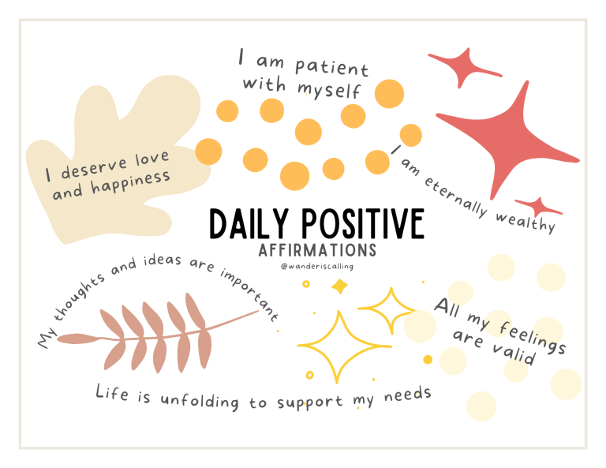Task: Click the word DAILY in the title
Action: tap(249, 224)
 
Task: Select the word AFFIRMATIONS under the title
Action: tap(317, 250)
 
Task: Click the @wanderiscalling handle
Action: tap(317, 266)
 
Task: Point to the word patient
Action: tap(331, 67)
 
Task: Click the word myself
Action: tap(328, 90)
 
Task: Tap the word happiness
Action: tap(131, 182)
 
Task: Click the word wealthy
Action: tap(526, 222)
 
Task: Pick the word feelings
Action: tap(533, 337)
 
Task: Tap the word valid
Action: tap(514, 354)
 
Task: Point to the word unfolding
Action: tap(200, 400)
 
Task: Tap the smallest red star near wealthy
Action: tap(538, 207)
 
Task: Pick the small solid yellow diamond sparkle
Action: tap(340, 286)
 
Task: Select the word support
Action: tap(309, 402)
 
